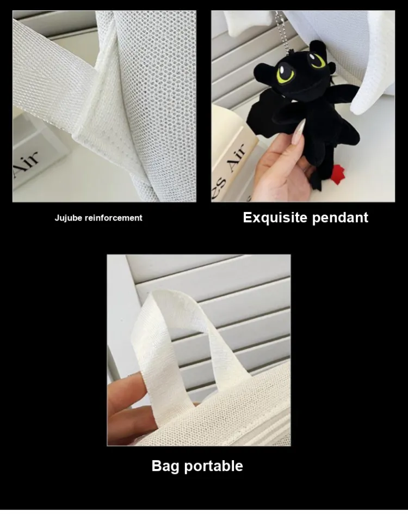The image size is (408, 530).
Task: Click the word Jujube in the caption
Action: tap(69, 218)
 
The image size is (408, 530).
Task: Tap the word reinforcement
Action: tap(113, 218)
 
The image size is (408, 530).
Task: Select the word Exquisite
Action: tap(275, 218)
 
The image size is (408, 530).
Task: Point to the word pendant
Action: tap(340, 218)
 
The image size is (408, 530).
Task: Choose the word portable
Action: tap(214, 466)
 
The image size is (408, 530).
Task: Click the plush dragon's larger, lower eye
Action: tap(285, 74)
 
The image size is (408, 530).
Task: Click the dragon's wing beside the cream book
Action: tap(260, 112)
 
